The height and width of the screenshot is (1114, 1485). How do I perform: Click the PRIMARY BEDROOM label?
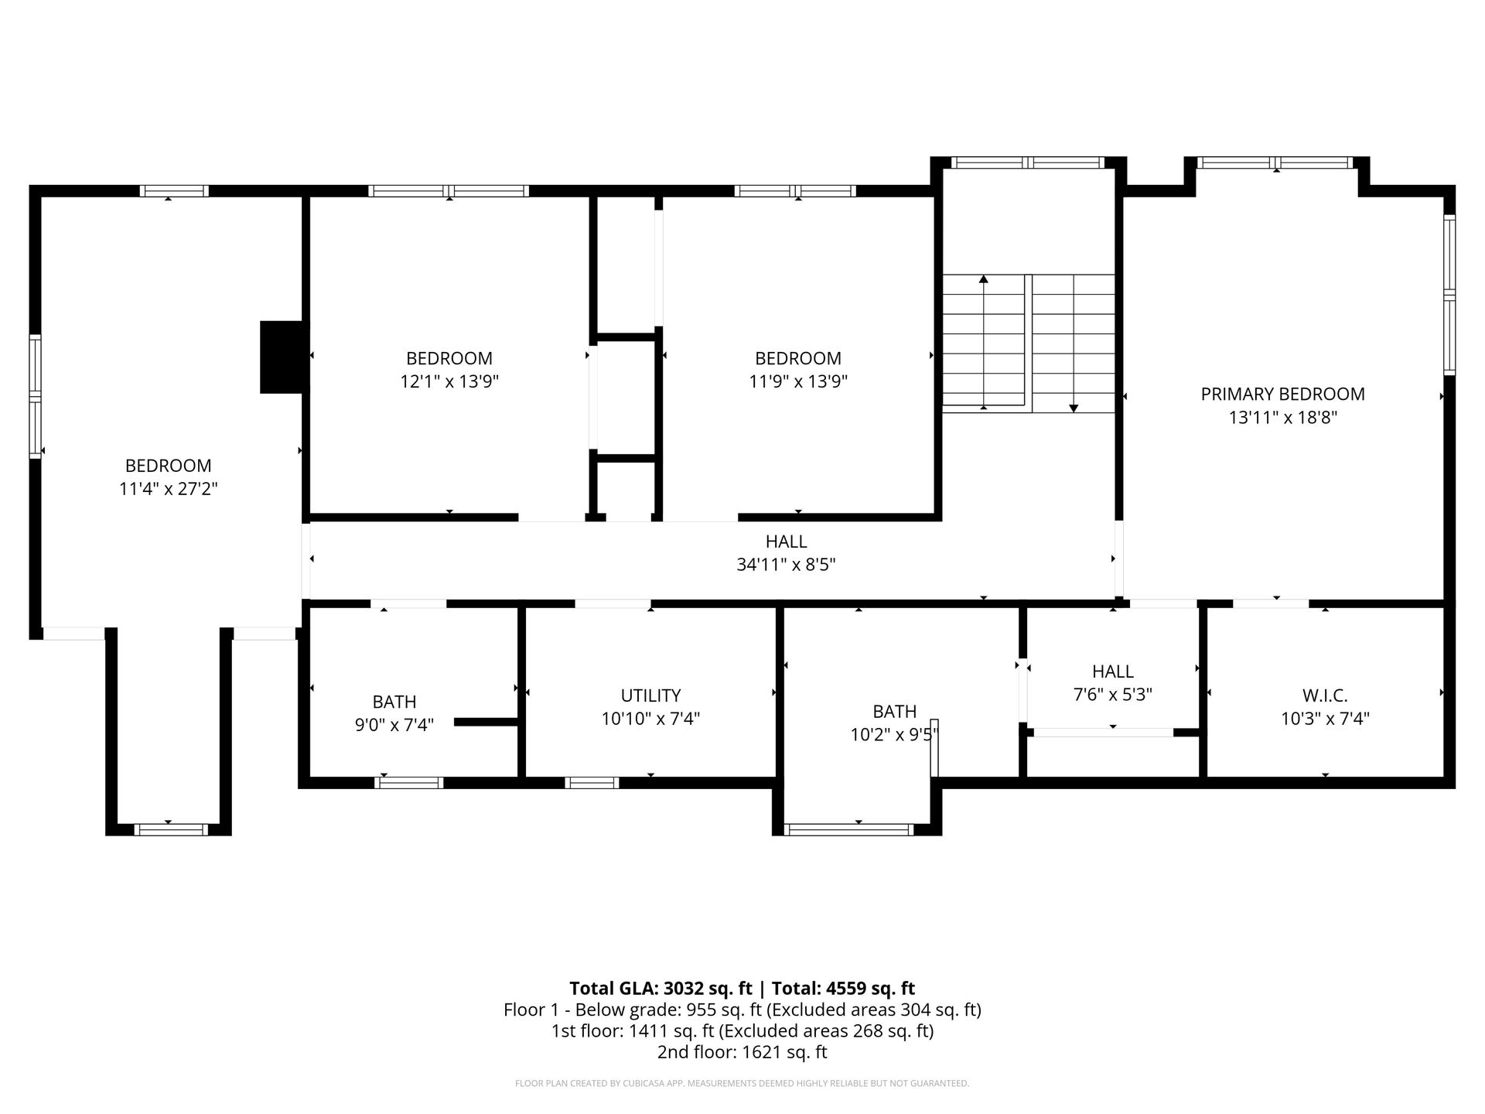[1282, 394]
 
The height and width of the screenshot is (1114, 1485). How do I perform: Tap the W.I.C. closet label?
[1325, 695]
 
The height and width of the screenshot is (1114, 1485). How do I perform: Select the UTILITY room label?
[650, 695]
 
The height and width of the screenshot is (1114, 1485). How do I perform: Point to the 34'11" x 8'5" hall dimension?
[786, 565]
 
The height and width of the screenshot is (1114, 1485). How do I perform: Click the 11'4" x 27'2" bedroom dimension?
[169, 489]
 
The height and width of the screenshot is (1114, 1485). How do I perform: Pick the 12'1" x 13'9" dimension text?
[449, 381]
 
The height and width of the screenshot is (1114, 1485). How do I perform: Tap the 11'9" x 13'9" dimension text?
[798, 381]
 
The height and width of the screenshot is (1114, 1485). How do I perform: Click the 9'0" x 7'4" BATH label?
[394, 713]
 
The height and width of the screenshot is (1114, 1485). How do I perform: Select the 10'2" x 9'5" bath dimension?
[894, 734]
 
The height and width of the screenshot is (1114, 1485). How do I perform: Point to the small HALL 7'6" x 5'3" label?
[1113, 683]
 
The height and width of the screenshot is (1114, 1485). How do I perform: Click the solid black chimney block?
[284, 357]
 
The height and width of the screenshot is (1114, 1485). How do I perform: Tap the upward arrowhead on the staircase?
[984, 278]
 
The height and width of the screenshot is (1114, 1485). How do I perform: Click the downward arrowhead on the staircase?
[1074, 408]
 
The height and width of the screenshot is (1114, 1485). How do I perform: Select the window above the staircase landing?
[1027, 162]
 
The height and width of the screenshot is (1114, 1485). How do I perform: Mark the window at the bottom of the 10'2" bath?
[849, 830]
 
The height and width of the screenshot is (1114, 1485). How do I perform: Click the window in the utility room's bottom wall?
[592, 783]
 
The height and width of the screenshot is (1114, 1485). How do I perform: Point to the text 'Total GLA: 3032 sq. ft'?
[661, 988]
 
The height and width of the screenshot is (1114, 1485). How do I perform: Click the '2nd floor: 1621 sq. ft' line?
[742, 1052]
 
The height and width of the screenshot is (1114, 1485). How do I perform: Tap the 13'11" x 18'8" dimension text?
[1283, 418]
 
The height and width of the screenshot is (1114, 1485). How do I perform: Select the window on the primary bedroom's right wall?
[1449, 295]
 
